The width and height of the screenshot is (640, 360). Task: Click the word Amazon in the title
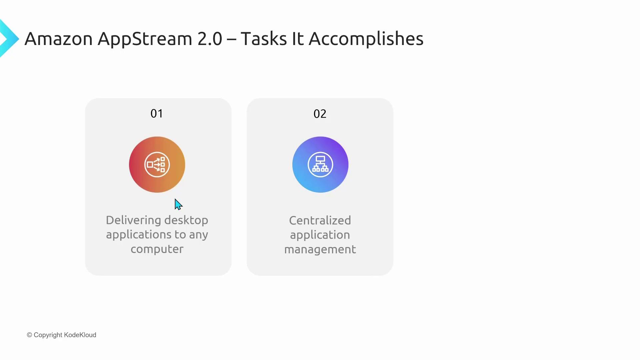pyautogui.click(x=59, y=39)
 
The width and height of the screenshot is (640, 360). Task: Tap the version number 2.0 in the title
pyautogui.click(x=210, y=39)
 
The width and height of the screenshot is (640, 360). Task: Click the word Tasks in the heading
pyautogui.click(x=264, y=39)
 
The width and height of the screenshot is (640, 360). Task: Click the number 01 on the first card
pyautogui.click(x=157, y=114)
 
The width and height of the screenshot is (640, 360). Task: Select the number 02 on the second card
pyautogui.click(x=320, y=114)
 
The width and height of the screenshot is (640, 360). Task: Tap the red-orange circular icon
pyautogui.click(x=157, y=165)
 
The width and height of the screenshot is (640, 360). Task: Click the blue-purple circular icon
pyautogui.click(x=320, y=165)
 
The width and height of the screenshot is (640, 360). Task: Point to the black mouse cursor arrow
pyautogui.click(x=178, y=204)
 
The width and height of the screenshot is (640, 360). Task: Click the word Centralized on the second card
pyautogui.click(x=320, y=221)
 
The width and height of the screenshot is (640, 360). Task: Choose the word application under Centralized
pyautogui.click(x=320, y=235)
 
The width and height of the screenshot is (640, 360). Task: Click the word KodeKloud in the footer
pyautogui.click(x=80, y=335)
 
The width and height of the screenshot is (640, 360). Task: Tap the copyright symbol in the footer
pyautogui.click(x=30, y=335)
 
